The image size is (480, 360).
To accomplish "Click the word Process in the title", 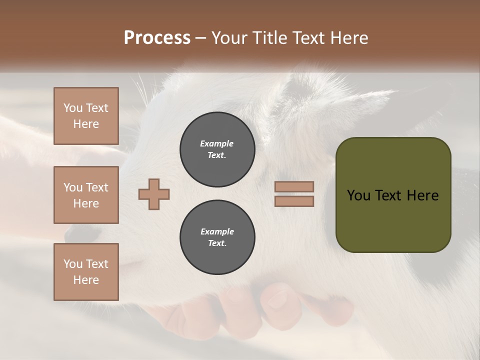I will [157, 38].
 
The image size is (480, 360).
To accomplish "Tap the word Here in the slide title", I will [347, 38].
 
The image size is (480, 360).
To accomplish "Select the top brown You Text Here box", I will [86, 116].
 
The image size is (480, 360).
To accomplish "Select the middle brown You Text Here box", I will [86, 195].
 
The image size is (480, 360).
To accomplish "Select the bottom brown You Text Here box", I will [86, 272].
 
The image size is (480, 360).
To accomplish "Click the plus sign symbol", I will [154, 194].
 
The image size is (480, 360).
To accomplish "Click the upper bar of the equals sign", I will [294, 186].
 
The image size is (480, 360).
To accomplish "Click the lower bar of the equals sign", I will [294, 201].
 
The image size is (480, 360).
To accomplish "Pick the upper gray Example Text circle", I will [217, 149].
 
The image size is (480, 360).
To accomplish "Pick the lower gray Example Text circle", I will [217, 237].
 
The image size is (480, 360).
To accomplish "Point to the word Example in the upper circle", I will [216, 143].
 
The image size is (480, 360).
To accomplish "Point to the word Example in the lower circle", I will [216, 231].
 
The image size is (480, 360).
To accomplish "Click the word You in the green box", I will [358, 195].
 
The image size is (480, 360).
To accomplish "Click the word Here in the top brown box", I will [86, 124].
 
